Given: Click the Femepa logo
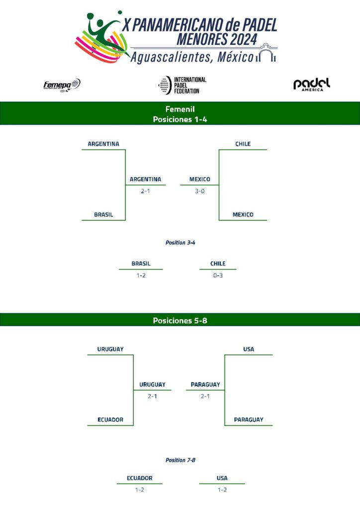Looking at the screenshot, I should (x=62, y=85).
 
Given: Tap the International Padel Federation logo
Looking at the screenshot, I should (x=182, y=85).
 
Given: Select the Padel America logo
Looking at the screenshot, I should (x=312, y=85).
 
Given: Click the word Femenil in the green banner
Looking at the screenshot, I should (x=180, y=109).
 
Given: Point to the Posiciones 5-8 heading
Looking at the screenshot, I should (x=180, y=321).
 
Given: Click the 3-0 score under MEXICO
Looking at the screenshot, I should (x=200, y=191).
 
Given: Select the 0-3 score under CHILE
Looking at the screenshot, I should (x=218, y=275).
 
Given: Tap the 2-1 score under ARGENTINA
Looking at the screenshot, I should (x=145, y=191).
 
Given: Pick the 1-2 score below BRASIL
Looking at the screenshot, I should (x=141, y=275).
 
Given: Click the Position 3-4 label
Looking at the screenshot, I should (x=180, y=243).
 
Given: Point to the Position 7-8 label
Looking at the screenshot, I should (x=180, y=460).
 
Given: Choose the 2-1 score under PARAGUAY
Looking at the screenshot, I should (x=205, y=396).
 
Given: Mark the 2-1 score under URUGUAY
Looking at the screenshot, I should (x=152, y=396).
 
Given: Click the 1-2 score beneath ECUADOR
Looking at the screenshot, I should (x=139, y=490).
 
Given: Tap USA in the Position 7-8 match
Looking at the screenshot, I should (x=222, y=478).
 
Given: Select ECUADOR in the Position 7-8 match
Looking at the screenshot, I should (x=139, y=478).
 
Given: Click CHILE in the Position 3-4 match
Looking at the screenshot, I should (x=218, y=263).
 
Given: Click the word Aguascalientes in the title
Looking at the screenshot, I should (x=167, y=58).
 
